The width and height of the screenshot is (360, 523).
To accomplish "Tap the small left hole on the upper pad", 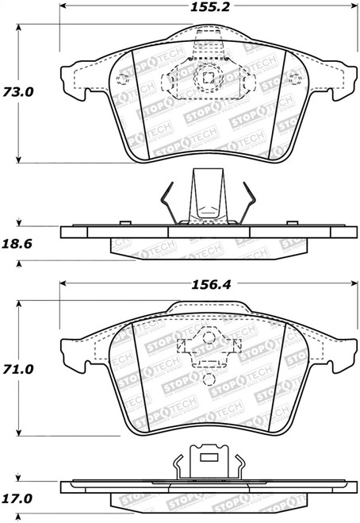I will point(121,78).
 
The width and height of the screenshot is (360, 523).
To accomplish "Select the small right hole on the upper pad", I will point(296,78).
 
